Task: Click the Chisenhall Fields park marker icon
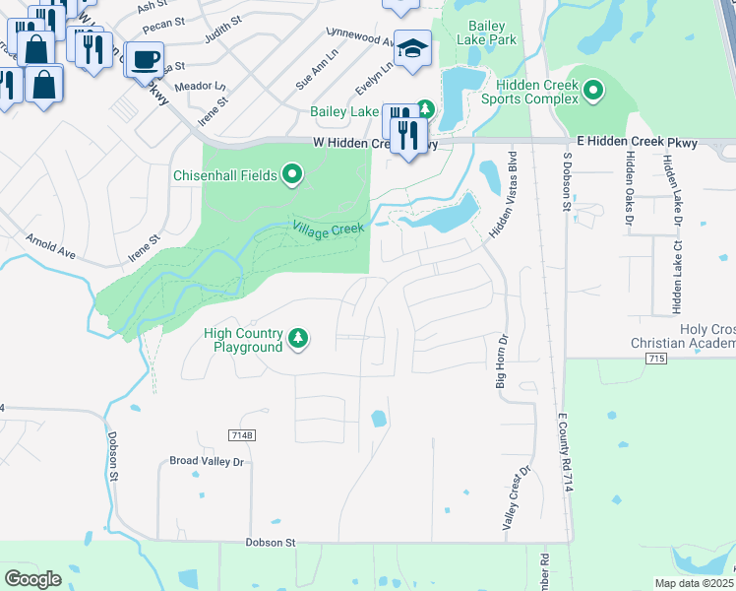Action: pos(292,176)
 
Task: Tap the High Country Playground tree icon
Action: pos(298,340)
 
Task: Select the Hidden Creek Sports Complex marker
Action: pos(593,93)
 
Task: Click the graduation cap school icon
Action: pos(413,48)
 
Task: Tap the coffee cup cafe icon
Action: pos(145,59)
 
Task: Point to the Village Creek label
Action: pos(328,229)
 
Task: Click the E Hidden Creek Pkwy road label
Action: pos(637,143)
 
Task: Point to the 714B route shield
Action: pos(241,435)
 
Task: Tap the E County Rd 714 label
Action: pos(568,453)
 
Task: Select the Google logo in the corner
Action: pos(32,579)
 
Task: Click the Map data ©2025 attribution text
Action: pos(694,583)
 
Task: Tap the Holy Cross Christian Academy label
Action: pos(682,336)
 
